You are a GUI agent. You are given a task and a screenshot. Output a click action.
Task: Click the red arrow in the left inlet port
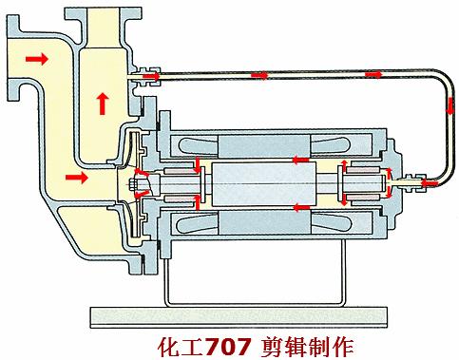click(35, 59)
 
